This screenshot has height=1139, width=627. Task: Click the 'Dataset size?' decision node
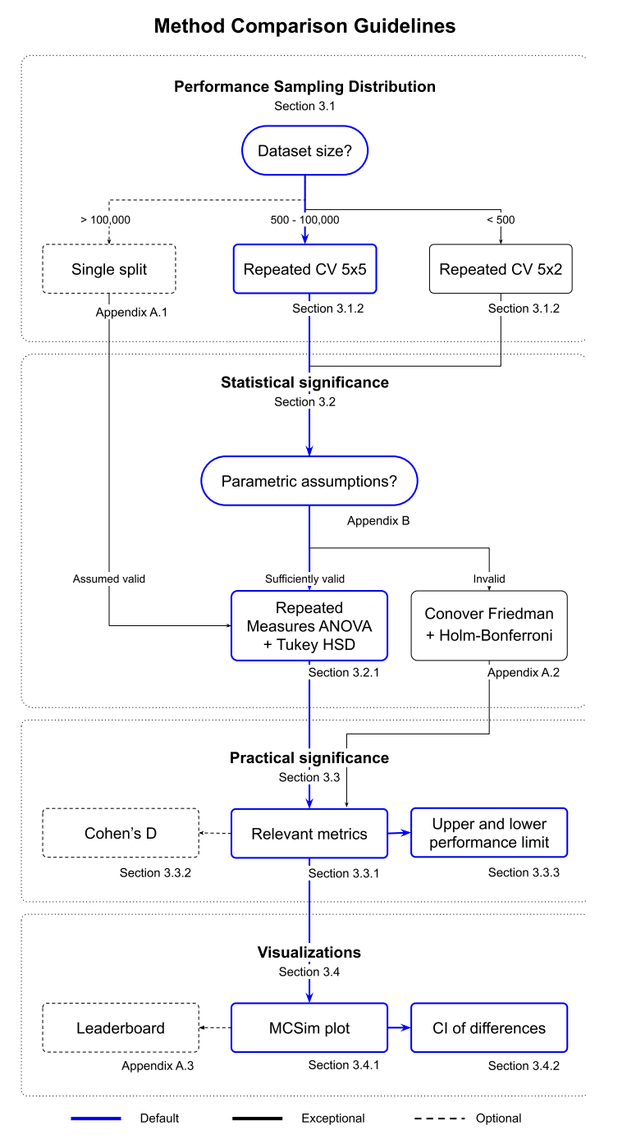pos(304,150)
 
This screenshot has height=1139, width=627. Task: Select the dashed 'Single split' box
pos(109,269)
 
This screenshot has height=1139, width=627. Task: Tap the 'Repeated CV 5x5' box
pos(305,269)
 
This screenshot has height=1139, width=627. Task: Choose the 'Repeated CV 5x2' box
pos(501,269)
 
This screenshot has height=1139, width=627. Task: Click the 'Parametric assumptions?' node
pos(309,481)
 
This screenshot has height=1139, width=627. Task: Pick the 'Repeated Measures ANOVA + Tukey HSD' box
pos(309,626)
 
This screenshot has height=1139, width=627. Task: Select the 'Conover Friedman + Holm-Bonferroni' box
pos(489,626)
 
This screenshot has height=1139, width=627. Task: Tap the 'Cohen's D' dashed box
pos(121,833)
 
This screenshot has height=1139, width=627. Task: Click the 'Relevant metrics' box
pos(309,834)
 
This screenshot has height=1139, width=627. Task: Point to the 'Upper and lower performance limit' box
pos(489,832)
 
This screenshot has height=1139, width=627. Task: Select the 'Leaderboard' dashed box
pos(121,1027)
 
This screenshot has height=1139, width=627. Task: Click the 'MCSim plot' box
pos(309,1027)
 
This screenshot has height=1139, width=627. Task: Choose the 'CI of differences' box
pos(489,1027)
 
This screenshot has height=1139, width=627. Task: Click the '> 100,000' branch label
pos(105,220)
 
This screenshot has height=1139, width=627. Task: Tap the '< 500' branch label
pos(501,220)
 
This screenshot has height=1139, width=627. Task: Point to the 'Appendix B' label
pos(378,521)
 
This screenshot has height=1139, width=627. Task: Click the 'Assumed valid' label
pos(109,579)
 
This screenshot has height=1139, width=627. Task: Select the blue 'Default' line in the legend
pos(96,1118)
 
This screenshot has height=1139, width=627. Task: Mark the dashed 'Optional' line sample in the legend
pos(440,1118)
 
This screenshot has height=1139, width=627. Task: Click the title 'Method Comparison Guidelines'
pos(304,26)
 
